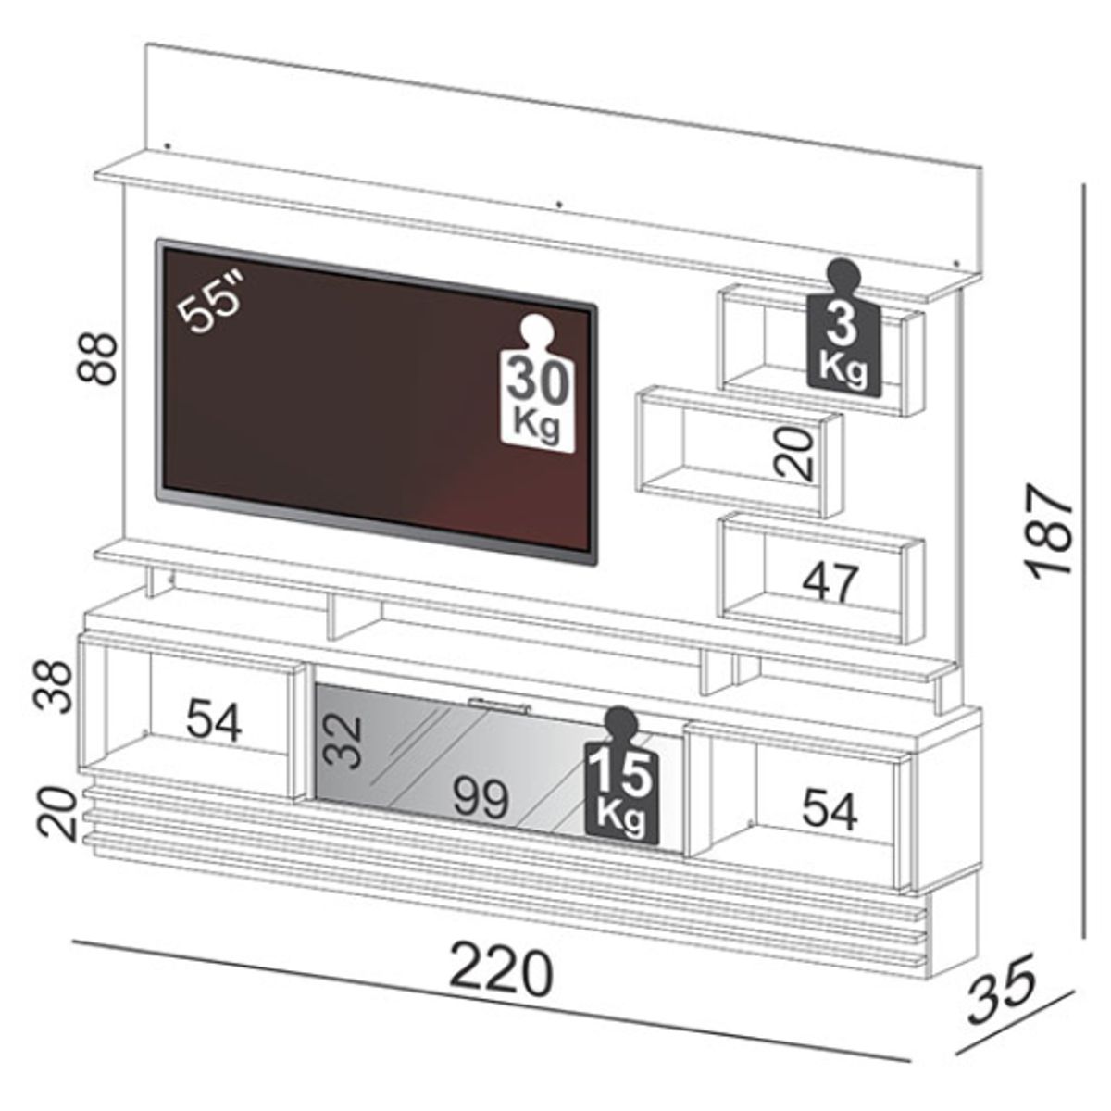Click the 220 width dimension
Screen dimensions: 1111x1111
pyautogui.click(x=501, y=972)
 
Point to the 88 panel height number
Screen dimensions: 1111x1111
pyautogui.click(x=98, y=357)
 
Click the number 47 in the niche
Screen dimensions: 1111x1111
pyautogui.click(x=830, y=582)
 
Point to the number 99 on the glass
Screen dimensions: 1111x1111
pyautogui.click(x=481, y=797)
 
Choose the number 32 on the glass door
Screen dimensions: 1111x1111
pyautogui.click(x=343, y=740)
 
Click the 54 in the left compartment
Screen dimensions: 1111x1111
pyautogui.click(x=214, y=720)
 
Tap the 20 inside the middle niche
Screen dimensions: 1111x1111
pyautogui.click(x=795, y=453)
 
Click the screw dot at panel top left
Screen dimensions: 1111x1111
pyautogui.click(x=167, y=145)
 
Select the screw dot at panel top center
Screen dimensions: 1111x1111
pyautogui.click(x=559, y=202)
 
